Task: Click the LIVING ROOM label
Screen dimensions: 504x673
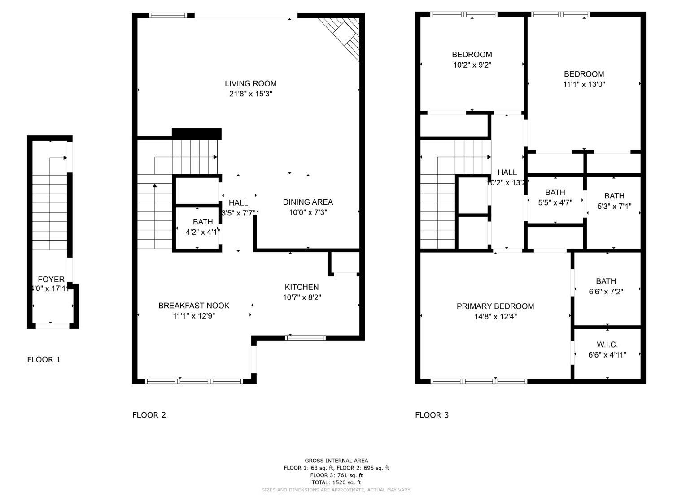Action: [250, 83]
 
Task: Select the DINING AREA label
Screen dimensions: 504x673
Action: [308, 202]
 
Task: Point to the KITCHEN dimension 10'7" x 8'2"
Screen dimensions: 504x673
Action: [302, 297]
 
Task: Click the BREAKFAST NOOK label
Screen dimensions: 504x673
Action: [194, 306]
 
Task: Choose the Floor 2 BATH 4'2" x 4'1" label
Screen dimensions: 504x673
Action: [203, 222]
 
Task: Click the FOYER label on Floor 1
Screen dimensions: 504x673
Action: [51, 280]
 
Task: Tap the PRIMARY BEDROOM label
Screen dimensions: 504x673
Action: [495, 306]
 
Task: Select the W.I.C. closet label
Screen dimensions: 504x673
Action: [607, 345]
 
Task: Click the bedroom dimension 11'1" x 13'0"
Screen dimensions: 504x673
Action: [584, 84]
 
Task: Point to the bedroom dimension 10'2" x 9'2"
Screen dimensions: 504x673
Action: [472, 65]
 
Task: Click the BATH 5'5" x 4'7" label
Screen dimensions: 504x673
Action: [555, 193]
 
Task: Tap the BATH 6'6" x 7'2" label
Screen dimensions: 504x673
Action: [606, 281]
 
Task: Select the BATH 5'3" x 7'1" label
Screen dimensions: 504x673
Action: [614, 196]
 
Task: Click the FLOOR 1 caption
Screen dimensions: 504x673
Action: [44, 359]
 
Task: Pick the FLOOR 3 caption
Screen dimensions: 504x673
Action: [432, 415]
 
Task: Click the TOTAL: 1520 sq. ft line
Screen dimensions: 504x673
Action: [336, 482]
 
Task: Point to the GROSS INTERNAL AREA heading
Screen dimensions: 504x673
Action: [336, 461]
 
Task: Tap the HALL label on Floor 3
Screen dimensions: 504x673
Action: [507, 172]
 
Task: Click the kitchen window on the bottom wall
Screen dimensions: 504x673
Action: [306, 338]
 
